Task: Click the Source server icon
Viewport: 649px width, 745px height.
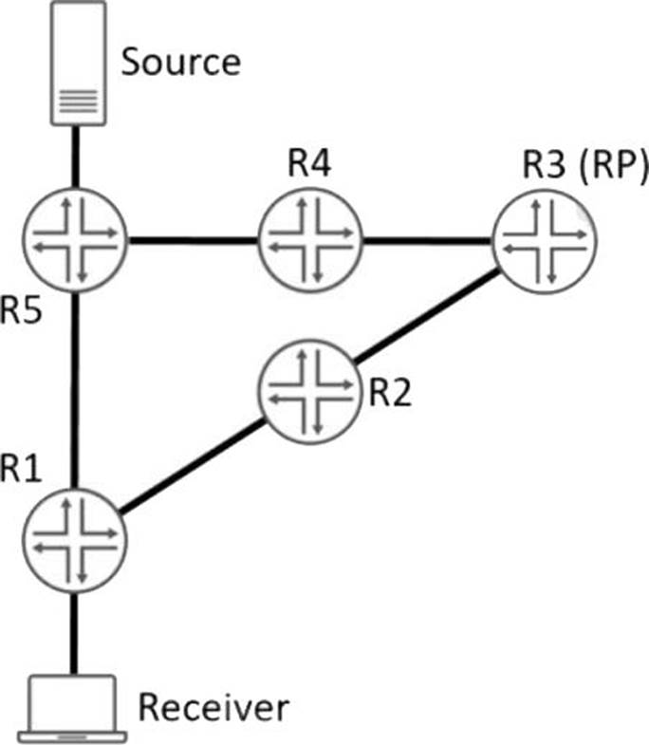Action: pos(78,65)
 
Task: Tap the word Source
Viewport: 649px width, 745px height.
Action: pos(181,62)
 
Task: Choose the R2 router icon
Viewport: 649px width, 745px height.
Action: pos(309,391)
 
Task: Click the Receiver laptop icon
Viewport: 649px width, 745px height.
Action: pos(74,707)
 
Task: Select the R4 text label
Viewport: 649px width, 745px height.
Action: pos(310,165)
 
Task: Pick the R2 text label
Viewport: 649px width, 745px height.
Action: pos(390,392)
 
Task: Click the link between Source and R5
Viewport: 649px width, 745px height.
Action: pos(77,156)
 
